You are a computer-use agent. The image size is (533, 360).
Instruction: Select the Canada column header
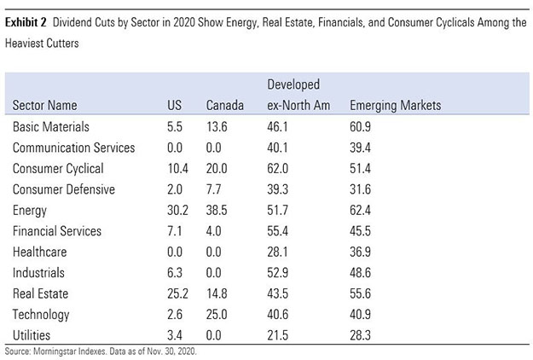tap(225, 106)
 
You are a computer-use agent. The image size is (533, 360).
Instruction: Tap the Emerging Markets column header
tap(395, 106)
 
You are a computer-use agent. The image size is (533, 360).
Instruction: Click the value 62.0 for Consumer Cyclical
tap(278, 168)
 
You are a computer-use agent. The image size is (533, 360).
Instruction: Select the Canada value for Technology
tap(217, 315)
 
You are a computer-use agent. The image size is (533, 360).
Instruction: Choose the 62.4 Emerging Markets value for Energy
tap(362, 210)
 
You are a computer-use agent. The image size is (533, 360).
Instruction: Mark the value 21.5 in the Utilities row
tap(278, 335)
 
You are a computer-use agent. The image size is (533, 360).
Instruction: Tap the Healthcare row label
tap(39, 252)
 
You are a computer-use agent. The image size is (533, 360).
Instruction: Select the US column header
tap(174, 106)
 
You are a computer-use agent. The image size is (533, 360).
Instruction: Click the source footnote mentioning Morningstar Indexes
tap(103, 351)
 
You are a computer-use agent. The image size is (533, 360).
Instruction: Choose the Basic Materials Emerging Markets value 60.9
tap(362, 126)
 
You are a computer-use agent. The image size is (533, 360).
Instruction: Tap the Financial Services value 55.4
tap(278, 231)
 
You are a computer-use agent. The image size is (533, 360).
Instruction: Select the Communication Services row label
tap(73, 148)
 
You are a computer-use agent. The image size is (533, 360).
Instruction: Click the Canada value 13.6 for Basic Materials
tap(217, 126)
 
